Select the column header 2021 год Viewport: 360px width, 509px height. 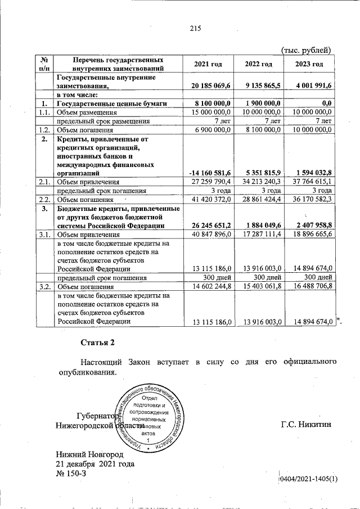point(208,64)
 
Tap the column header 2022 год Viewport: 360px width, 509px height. point(259,64)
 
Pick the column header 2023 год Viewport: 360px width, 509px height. point(309,64)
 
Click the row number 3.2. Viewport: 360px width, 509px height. point(44,286)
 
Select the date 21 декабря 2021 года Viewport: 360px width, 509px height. point(94,464)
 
